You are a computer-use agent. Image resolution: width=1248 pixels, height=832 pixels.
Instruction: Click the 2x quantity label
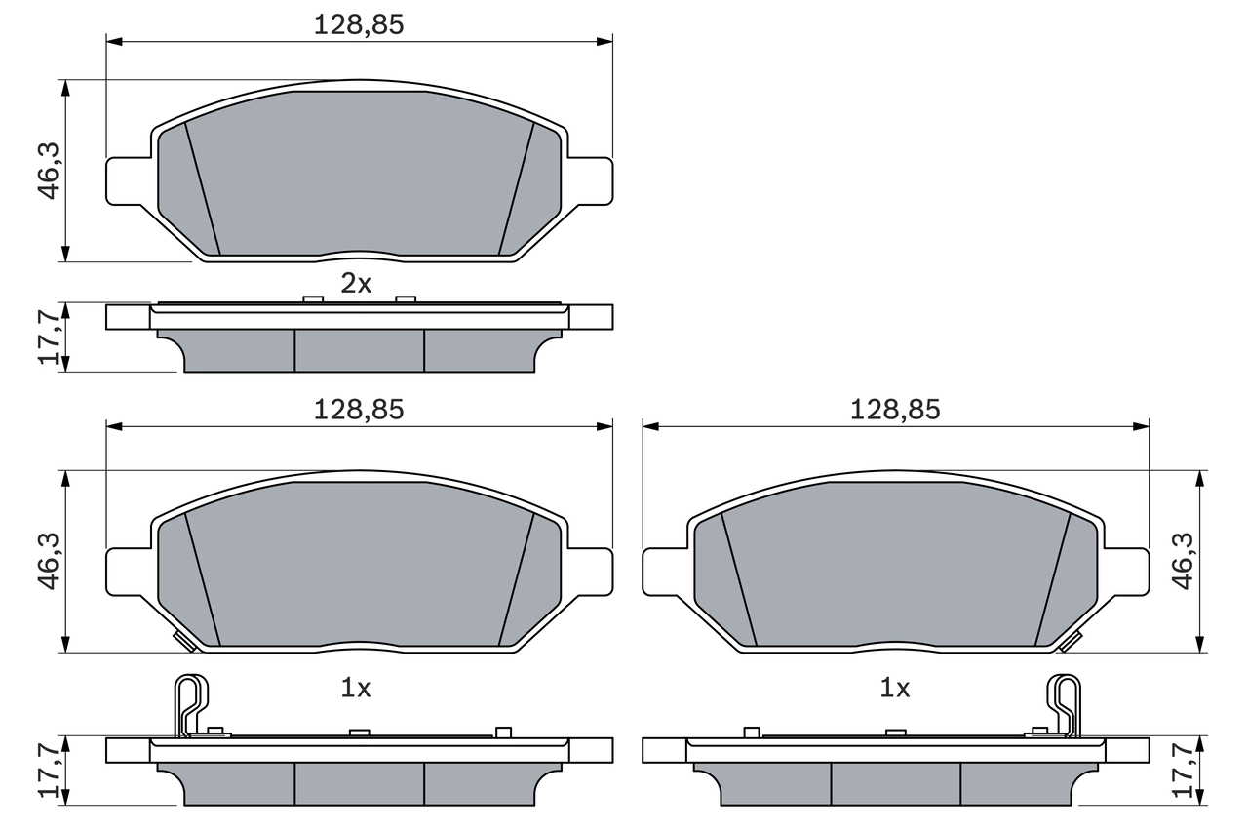[356, 284]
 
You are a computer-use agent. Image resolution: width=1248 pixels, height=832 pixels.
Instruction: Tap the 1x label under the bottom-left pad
[356, 688]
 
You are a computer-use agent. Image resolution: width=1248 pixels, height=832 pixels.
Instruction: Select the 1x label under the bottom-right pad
[894, 688]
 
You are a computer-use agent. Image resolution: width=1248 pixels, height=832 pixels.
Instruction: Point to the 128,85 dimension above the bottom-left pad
[358, 411]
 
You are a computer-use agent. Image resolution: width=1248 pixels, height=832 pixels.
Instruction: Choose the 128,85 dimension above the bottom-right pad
[895, 411]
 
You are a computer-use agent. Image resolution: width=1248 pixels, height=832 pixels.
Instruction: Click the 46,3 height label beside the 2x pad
[49, 171]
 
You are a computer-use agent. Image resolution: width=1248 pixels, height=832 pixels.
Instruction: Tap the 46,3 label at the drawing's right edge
[1182, 561]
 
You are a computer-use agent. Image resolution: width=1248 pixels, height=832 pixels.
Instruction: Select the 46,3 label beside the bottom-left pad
[49, 561]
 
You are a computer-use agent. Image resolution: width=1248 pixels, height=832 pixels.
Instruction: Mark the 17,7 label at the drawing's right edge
[1182, 771]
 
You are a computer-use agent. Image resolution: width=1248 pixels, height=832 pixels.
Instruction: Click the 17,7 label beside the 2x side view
[49, 337]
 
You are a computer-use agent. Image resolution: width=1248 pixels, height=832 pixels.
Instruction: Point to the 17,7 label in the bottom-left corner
[49, 771]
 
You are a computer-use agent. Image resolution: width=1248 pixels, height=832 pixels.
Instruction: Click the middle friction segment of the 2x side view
[359, 350]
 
